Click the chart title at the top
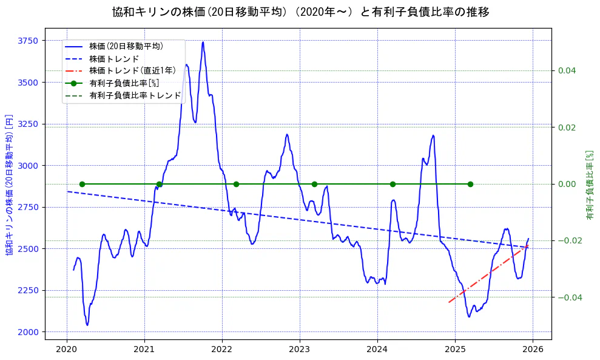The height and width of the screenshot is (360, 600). click(x=300, y=12)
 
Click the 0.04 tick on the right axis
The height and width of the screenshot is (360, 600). click(x=567, y=71)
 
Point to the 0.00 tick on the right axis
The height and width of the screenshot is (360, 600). click(x=567, y=184)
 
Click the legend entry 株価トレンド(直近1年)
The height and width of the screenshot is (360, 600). click(x=132, y=70)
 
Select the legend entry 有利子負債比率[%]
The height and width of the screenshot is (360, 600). click(x=124, y=83)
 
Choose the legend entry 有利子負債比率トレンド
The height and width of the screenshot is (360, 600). click(x=135, y=95)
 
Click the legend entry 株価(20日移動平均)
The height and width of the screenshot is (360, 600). click(x=126, y=46)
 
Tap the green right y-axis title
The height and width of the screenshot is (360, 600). click(x=589, y=185)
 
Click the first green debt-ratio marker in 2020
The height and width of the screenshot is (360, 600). click(x=82, y=184)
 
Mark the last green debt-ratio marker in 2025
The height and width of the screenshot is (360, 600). click(x=470, y=184)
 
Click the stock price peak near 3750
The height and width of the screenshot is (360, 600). click(x=203, y=42)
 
